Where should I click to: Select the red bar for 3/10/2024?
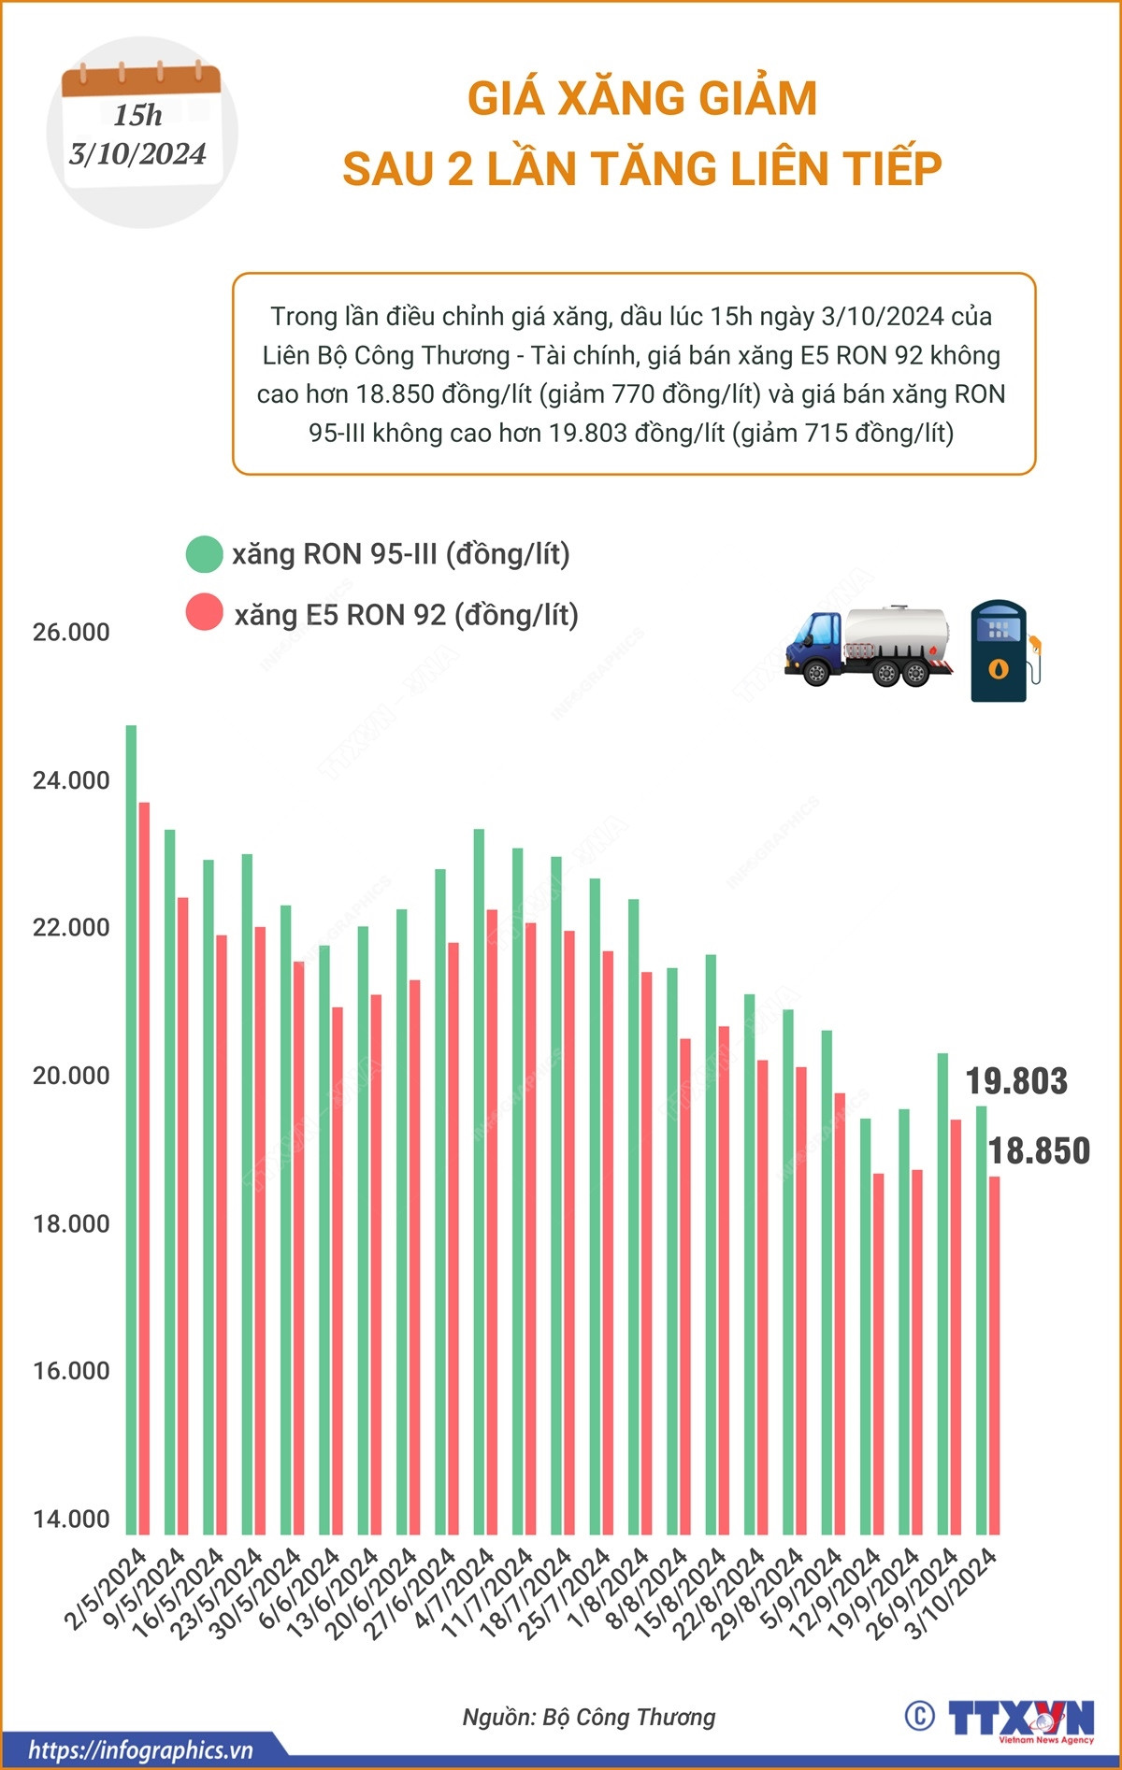[995, 1355]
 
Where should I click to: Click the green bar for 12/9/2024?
[866, 1327]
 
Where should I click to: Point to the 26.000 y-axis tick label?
[71, 633]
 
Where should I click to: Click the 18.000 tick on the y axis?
[71, 1223]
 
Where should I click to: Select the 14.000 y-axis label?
[71, 1519]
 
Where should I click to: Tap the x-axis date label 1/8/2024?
[610, 1589]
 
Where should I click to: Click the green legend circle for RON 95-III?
[204, 554]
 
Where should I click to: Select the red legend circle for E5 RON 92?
[204, 613]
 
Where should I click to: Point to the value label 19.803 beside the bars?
[1016, 1081]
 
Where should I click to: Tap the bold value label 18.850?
[1039, 1151]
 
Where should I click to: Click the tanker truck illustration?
[868, 647]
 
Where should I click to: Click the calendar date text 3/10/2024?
[137, 154]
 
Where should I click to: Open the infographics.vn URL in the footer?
[140, 1750]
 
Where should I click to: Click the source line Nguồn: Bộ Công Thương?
[589, 1717]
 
